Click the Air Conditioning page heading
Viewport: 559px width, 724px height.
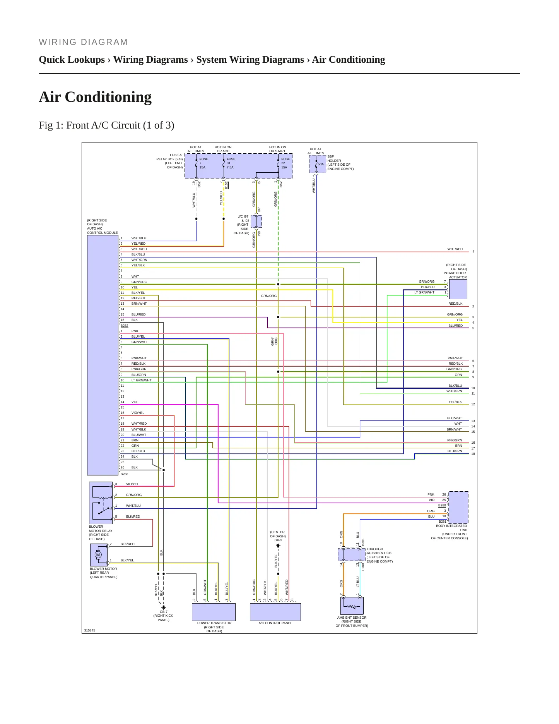pos(95,97)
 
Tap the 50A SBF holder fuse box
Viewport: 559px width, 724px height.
pos(318,164)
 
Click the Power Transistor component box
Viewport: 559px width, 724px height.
pos(214,612)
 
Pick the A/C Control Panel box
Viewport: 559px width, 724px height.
pos(275,612)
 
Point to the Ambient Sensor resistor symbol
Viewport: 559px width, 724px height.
pos(352,606)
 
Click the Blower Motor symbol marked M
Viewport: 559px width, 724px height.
pos(98,555)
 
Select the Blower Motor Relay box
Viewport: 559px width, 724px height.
pos(101,503)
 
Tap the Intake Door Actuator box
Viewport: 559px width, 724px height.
pos(458,289)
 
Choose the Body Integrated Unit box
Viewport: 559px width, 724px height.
pos(458,508)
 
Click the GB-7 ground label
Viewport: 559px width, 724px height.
pos(164,612)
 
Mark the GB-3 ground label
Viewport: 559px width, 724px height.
pos(278,540)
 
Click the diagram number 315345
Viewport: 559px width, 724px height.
pos(90,630)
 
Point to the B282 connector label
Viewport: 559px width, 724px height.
pos(124,326)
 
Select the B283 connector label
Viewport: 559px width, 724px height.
pos(124,474)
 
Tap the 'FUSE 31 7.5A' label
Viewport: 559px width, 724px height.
pos(231,163)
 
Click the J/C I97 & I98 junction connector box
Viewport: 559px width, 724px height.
pos(256,222)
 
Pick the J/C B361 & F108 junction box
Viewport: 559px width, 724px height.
pos(352,554)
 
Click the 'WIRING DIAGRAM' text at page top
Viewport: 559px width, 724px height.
pos(84,42)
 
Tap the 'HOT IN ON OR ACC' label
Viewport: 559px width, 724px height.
pos(223,149)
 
